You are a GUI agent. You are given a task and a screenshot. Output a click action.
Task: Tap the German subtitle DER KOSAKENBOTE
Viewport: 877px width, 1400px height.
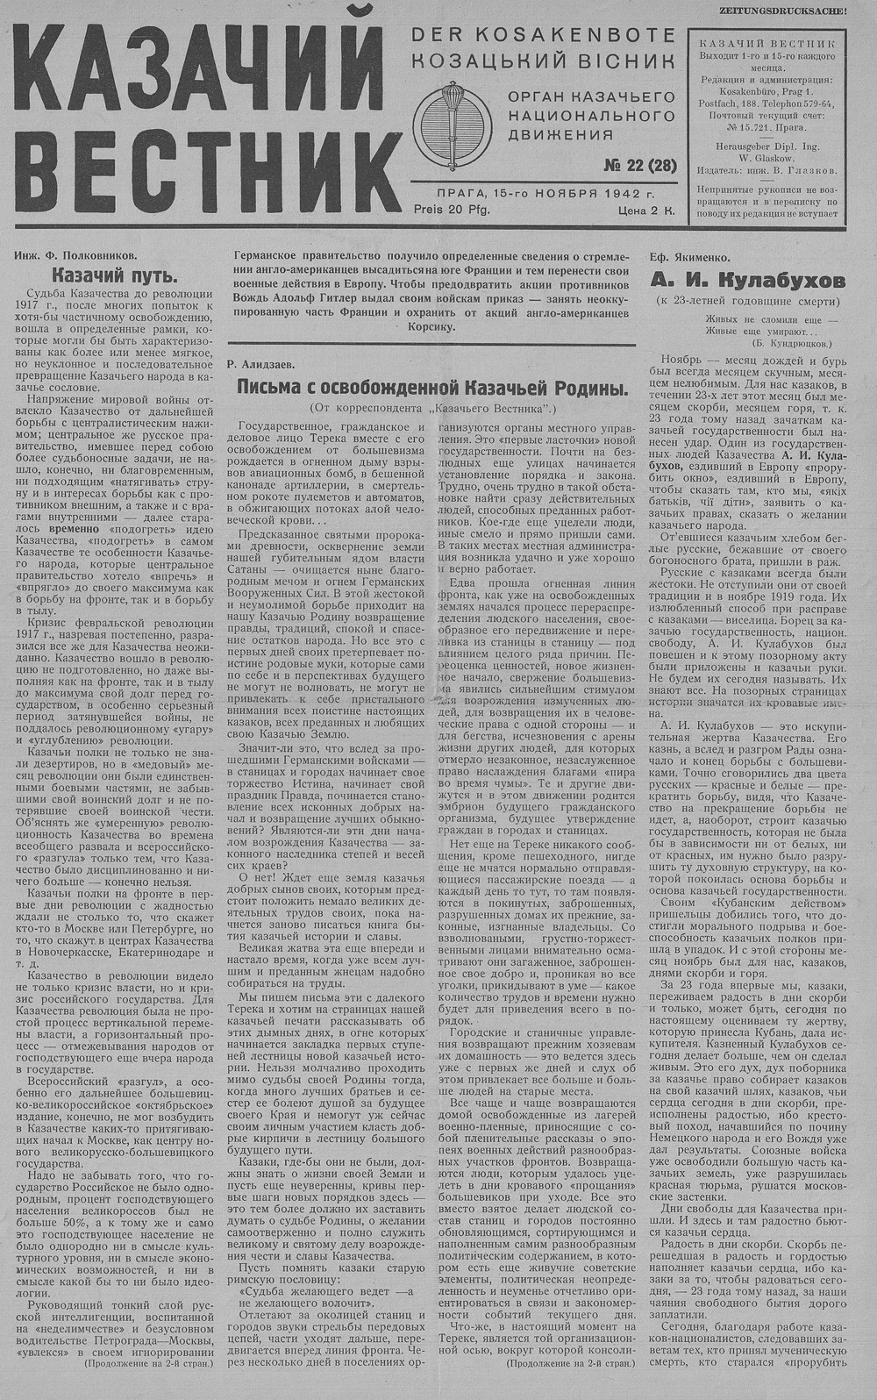coord(544,35)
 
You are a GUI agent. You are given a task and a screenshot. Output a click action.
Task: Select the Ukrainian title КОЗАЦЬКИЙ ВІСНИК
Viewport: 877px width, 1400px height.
coord(544,61)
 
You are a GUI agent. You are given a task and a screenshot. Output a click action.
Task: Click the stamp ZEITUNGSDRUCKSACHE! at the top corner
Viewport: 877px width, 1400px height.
coord(793,11)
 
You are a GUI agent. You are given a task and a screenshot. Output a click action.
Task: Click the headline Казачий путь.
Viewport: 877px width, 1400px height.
coord(115,274)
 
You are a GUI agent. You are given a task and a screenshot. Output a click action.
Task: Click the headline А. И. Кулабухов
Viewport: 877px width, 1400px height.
coord(747,281)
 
